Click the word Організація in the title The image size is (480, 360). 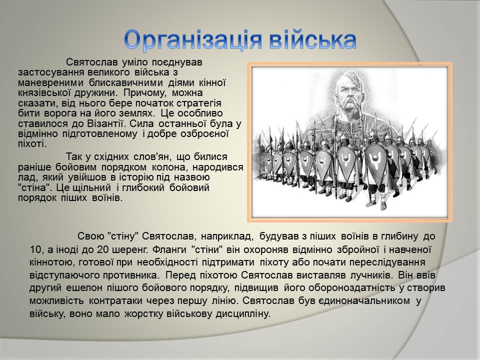click(193, 40)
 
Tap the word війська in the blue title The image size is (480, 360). click(313, 39)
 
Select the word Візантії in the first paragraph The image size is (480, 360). click(107, 123)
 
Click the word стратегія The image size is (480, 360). click(196, 103)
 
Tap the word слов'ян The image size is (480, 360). click(152, 156)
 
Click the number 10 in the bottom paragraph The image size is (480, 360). click(36, 249)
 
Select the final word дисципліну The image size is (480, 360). click(243, 314)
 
